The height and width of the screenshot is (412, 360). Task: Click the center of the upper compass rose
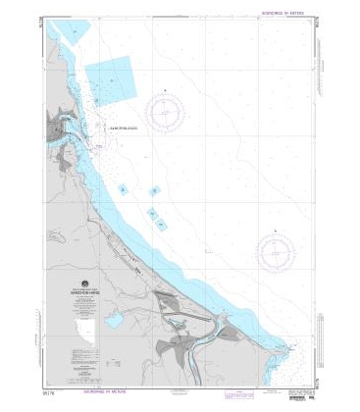[168, 115]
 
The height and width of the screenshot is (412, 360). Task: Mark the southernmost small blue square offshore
[159, 225]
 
